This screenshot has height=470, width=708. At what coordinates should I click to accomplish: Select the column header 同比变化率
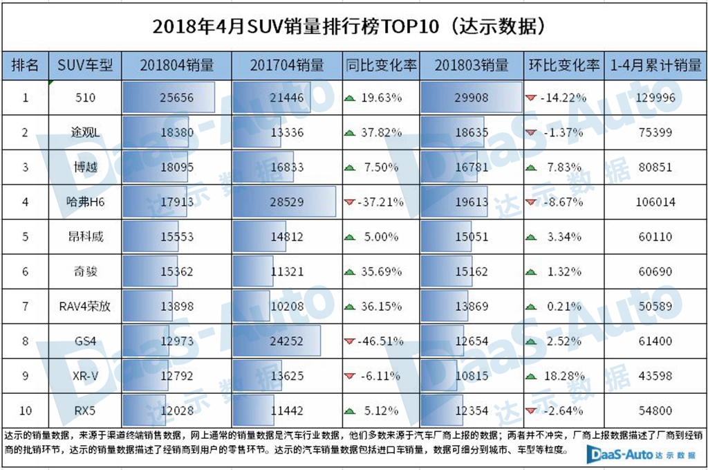[x=381, y=66]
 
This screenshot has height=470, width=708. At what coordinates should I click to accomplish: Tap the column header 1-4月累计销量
[x=655, y=66]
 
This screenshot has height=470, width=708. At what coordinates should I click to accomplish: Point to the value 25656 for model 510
[x=177, y=98]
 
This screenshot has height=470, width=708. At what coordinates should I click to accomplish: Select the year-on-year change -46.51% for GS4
[x=381, y=341]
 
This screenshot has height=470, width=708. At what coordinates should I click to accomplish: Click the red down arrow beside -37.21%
[x=349, y=202]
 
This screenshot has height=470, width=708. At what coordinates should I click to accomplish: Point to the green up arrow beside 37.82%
[x=350, y=132]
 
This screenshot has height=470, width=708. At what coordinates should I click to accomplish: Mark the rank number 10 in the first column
[x=26, y=410]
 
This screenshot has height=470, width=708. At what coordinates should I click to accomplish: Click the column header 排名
[x=26, y=66]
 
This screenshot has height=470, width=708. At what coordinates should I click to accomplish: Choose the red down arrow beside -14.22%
[x=531, y=98]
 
